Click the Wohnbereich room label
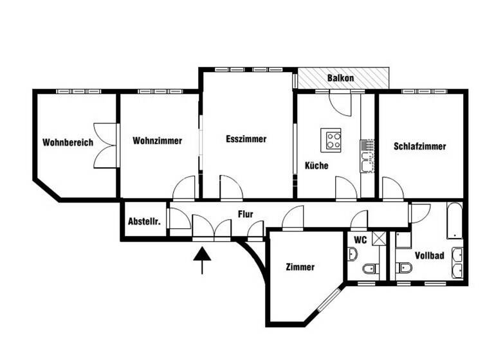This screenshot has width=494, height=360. [x=68, y=142]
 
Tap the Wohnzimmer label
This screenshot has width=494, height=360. [x=157, y=140]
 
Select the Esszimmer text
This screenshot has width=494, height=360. [x=246, y=139]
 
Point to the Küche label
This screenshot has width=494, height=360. [x=316, y=165]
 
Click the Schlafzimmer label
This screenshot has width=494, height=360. [x=419, y=146]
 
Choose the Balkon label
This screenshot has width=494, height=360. [x=340, y=78]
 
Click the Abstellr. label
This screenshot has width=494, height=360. [x=144, y=221]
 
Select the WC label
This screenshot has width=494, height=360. [x=360, y=240]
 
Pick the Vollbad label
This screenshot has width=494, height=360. [x=429, y=255]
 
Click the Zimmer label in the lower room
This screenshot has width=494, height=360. [x=300, y=267]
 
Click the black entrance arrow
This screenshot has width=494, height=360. [x=203, y=258]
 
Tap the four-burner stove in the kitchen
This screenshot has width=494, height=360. [x=333, y=139]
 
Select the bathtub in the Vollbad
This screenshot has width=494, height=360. [x=454, y=222]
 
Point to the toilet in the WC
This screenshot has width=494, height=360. [x=369, y=269]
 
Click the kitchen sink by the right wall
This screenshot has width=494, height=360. [x=368, y=161]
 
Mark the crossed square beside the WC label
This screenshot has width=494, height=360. [x=380, y=239]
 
